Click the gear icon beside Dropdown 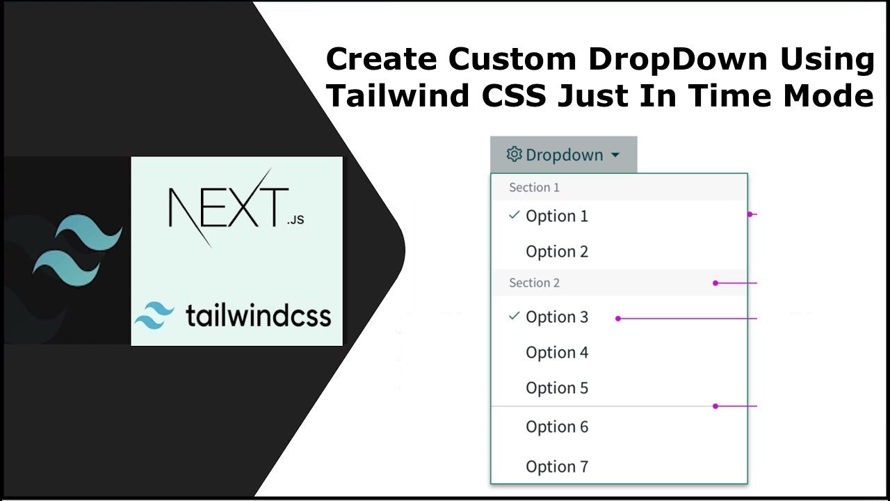[x=514, y=154]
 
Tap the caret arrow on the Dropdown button [x=615, y=155]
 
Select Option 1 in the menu [x=556, y=216]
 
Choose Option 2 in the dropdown [x=556, y=252]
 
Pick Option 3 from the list [x=556, y=317]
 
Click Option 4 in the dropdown [x=556, y=353]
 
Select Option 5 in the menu [x=556, y=388]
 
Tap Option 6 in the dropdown [x=556, y=427]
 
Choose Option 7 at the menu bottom [x=556, y=467]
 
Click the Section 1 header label [x=534, y=187]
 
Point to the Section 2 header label [x=534, y=283]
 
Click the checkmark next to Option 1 [x=514, y=216]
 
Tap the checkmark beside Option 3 [x=514, y=316]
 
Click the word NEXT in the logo [x=227, y=207]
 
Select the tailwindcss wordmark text [x=257, y=316]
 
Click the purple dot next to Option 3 [x=617, y=319]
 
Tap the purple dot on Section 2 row [x=715, y=283]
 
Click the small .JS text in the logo [x=295, y=221]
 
